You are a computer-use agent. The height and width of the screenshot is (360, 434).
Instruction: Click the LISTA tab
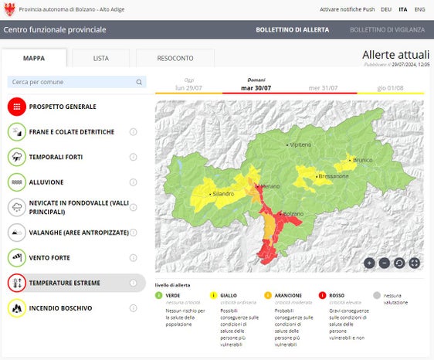(x=100, y=58)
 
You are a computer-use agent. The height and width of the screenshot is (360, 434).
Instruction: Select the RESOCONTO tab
(x=175, y=58)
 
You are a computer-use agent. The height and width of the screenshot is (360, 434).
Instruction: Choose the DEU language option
(x=386, y=9)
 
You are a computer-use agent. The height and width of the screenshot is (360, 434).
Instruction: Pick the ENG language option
(x=419, y=9)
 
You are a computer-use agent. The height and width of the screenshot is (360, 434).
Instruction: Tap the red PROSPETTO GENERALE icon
(x=17, y=107)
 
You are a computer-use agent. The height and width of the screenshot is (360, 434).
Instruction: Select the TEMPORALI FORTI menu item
(x=61, y=157)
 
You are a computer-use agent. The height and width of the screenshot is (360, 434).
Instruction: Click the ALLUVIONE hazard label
(x=46, y=182)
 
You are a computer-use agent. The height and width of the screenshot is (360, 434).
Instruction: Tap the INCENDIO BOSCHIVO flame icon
(x=17, y=308)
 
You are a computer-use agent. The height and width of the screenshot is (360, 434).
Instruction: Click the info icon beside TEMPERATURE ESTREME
(x=133, y=283)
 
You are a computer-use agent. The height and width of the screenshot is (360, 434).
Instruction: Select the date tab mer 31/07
(x=323, y=87)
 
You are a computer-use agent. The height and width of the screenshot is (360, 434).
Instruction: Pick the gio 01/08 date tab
(x=390, y=87)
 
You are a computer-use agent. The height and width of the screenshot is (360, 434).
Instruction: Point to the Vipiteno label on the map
(x=300, y=144)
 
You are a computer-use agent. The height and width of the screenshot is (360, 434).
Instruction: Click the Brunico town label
(x=362, y=160)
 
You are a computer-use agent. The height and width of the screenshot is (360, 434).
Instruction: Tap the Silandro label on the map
(x=222, y=193)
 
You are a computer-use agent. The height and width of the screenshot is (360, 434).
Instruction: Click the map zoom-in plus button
(x=369, y=263)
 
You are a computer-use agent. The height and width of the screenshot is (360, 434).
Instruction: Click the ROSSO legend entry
(x=337, y=295)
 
